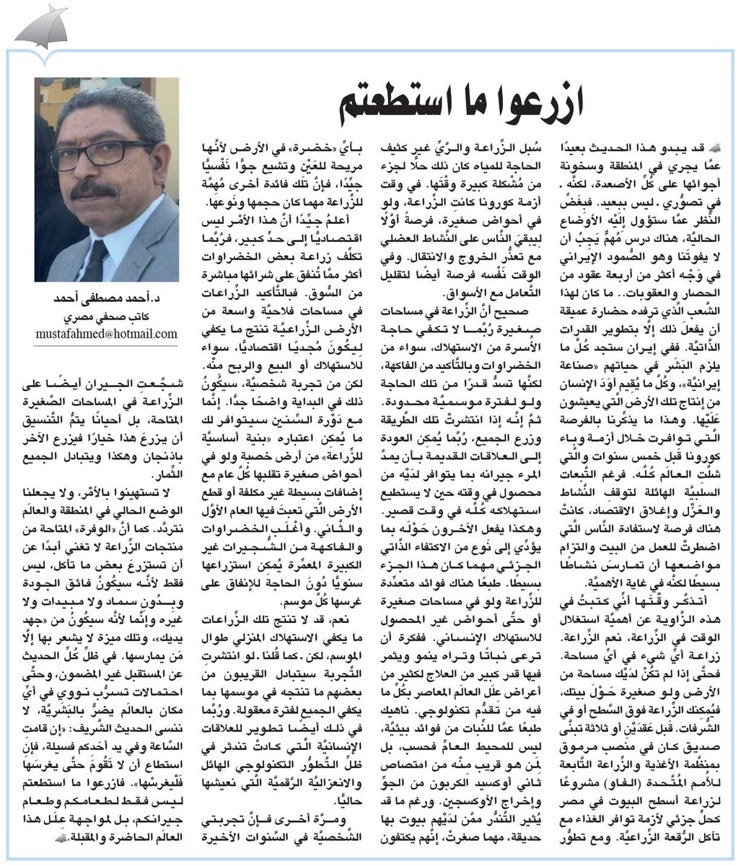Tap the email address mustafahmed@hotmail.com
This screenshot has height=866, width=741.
click(x=106, y=333)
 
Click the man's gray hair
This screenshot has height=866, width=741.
click(x=108, y=108)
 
